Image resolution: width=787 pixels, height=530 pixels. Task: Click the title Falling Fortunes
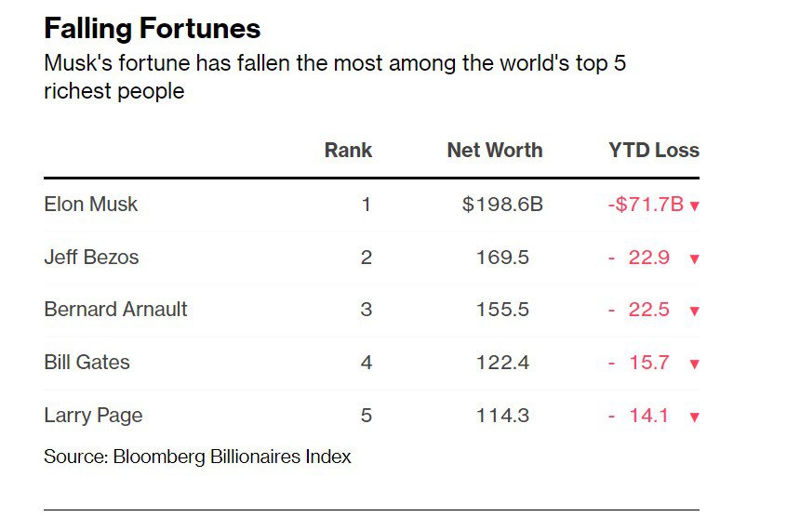[153, 28]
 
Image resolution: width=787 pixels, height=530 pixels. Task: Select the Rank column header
[348, 150]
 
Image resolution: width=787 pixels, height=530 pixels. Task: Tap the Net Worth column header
[495, 150]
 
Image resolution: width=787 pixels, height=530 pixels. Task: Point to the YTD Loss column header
[654, 150]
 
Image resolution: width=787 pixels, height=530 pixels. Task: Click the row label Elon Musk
[91, 205]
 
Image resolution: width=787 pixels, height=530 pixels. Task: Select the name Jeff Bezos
[91, 257]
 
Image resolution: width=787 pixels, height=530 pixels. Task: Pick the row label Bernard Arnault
[115, 309]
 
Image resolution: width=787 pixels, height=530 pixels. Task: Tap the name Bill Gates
[87, 362]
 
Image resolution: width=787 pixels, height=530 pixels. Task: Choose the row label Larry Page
[93, 416]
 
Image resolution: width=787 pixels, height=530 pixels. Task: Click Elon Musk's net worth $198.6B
[502, 205]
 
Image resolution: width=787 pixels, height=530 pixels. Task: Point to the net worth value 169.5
[502, 258]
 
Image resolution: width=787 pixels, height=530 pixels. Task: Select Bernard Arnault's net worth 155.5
[502, 310]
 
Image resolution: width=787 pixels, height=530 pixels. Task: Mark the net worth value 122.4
[502, 363]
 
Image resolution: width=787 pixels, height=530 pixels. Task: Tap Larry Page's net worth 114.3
[502, 416]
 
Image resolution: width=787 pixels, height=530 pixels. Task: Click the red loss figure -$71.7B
[646, 205]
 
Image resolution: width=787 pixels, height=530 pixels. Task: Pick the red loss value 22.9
[649, 258]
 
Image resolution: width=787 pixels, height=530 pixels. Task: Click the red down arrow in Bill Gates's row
[695, 364]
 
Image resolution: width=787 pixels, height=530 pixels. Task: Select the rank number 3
[367, 310]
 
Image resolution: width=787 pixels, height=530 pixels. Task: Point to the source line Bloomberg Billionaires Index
[233, 457]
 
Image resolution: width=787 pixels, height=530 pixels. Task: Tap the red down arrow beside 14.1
[695, 417]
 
